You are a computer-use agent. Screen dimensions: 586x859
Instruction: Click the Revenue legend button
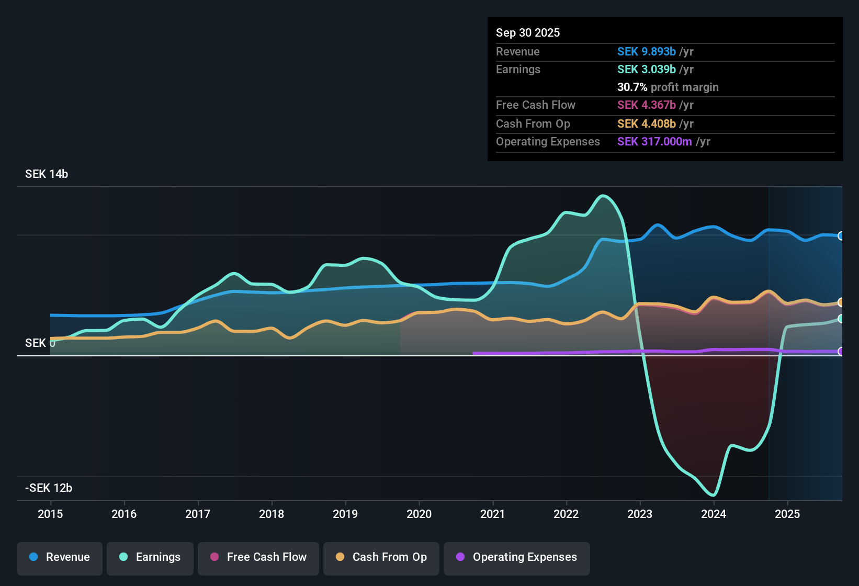click(60, 557)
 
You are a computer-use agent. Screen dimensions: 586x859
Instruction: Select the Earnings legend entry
click(150, 557)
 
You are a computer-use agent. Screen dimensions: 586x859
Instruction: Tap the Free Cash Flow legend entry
click(258, 557)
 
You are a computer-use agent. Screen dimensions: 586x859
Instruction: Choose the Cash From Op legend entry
click(381, 557)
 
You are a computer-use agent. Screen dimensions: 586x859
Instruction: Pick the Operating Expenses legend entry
click(517, 557)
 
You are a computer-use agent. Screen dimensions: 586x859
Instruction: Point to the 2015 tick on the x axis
click(50, 514)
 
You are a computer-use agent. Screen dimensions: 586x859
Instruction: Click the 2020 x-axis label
click(419, 514)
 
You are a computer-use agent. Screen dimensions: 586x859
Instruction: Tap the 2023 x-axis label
click(640, 514)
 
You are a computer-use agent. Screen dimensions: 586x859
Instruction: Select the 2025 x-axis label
click(787, 514)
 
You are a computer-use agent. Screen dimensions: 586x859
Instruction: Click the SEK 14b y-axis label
click(47, 174)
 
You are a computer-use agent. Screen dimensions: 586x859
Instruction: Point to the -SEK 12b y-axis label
click(49, 488)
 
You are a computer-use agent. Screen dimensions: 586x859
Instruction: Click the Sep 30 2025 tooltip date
click(528, 32)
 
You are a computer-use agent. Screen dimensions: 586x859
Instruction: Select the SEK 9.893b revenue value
click(647, 51)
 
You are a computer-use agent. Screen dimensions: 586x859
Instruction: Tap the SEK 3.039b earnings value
click(647, 69)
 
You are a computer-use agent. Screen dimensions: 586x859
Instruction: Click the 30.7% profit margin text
click(668, 87)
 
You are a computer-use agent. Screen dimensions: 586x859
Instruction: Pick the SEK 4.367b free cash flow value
click(647, 105)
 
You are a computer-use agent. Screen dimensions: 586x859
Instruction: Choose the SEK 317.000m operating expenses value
click(654, 141)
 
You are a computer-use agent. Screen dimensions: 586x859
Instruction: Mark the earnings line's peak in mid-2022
click(603, 196)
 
